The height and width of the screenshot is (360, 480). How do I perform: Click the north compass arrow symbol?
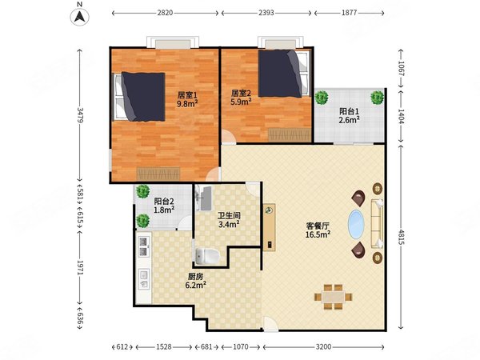click(x=80, y=16)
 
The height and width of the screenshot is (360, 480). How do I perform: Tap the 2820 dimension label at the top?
click(x=165, y=13)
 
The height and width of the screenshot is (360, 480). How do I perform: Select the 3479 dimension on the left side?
click(x=80, y=114)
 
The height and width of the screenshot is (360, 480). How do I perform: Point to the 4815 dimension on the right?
click(x=401, y=237)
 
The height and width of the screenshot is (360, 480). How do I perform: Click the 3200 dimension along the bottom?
click(x=323, y=347)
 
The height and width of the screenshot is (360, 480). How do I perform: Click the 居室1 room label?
click(x=187, y=95)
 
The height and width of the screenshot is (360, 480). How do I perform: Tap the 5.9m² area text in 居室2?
click(x=241, y=102)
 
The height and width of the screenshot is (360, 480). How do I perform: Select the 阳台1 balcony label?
click(x=349, y=111)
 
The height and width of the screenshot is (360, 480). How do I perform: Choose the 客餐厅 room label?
click(x=318, y=226)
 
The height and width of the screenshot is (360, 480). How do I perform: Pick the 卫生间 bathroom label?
click(x=229, y=216)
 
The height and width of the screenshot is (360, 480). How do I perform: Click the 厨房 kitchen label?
click(x=195, y=277)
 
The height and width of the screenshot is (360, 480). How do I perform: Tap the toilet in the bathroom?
click(x=207, y=256)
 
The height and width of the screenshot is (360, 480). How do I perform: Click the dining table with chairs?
click(x=334, y=297)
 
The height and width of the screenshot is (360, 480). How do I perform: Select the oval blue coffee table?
click(x=356, y=224)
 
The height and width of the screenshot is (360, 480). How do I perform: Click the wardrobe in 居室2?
click(x=290, y=135)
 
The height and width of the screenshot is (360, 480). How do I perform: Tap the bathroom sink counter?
click(x=203, y=198)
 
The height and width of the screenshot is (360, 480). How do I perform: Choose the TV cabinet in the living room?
click(x=269, y=227)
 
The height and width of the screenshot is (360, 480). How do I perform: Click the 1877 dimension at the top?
click(x=350, y=13)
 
